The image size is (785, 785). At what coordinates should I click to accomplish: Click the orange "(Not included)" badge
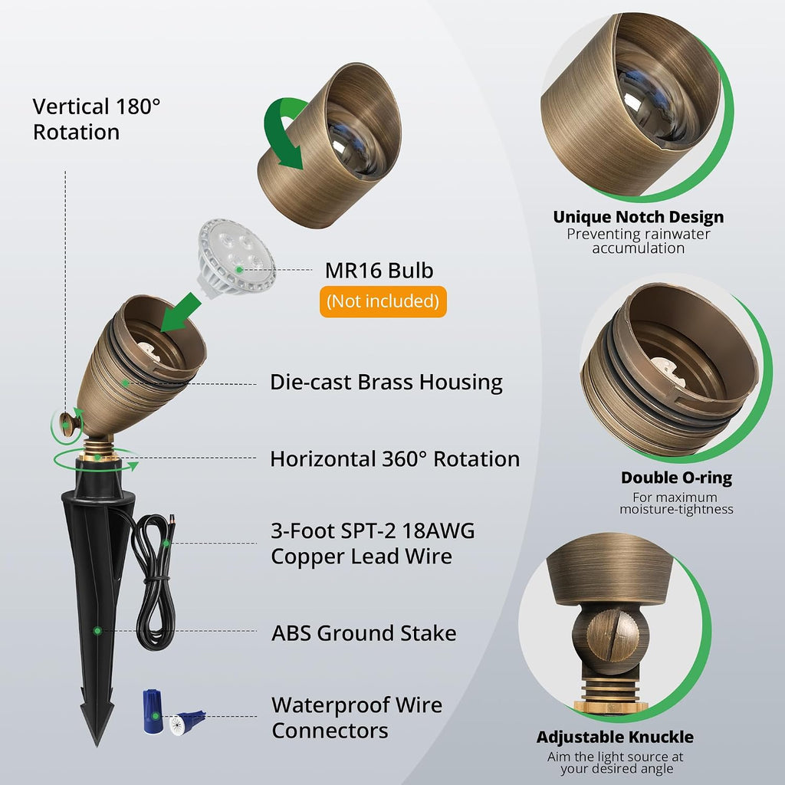pyautogui.click(x=383, y=301)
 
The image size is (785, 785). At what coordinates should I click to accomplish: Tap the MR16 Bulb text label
pyautogui.click(x=379, y=271)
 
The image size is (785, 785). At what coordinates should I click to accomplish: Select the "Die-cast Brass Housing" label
pyautogui.click(x=386, y=382)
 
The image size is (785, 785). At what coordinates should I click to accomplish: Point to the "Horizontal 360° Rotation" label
pyautogui.click(x=395, y=458)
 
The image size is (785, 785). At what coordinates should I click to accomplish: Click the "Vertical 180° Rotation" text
pyautogui.click(x=97, y=119)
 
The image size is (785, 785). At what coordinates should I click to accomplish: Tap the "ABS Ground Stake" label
pyautogui.click(x=363, y=632)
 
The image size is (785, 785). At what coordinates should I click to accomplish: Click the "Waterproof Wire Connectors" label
pyautogui.click(x=357, y=718)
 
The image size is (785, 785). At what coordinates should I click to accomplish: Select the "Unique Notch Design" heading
pyautogui.click(x=639, y=217)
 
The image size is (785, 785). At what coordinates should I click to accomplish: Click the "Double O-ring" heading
pyautogui.click(x=676, y=478)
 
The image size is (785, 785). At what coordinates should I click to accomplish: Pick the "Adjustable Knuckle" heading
pyautogui.click(x=615, y=737)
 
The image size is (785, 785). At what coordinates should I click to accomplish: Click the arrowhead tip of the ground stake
pyautogui.click(x=97, y=745)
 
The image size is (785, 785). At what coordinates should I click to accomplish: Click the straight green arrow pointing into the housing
pyautogui.click(x=180, y=313)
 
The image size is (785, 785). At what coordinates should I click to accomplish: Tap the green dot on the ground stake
pyautogui.click(x=97, y=631)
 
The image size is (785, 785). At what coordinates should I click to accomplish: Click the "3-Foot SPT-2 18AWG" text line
pyautogui.click(x=373, y=530)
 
